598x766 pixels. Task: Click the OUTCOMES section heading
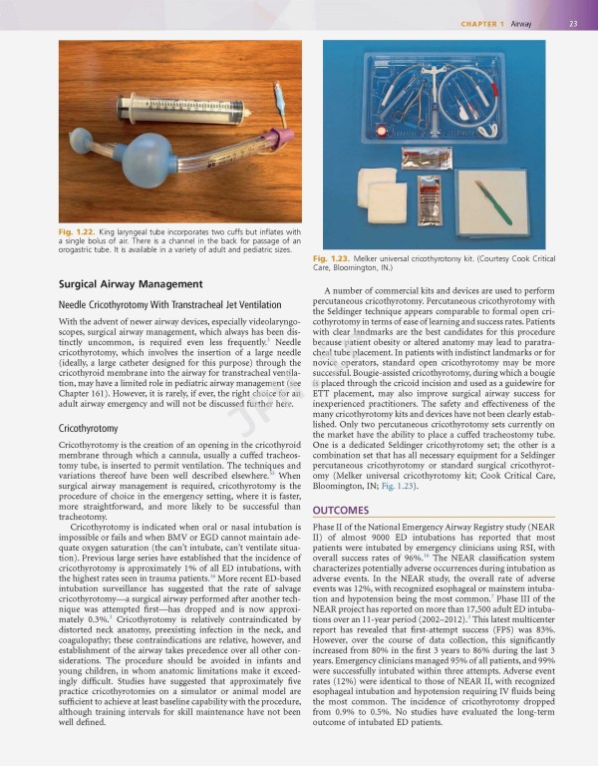tap(341, 510)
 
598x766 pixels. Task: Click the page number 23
tap(574, 24)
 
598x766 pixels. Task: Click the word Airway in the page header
tap(521, 24)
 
